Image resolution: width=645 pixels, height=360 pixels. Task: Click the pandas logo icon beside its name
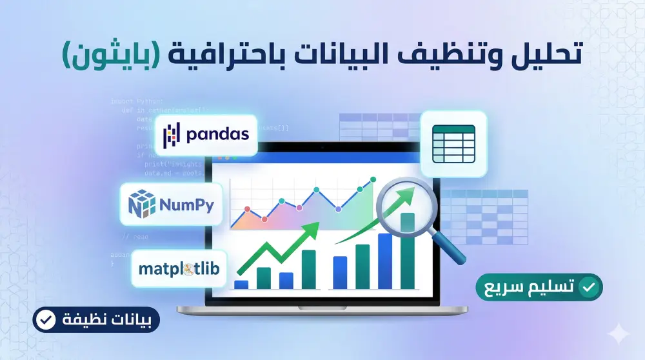click(x=170, y=135)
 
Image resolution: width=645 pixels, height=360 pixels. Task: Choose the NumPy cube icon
click(x=142, y=203)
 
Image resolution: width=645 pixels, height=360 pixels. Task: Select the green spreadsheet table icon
click(x=453, y=143)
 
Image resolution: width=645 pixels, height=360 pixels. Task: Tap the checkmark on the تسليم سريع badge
click(x=587, y=288)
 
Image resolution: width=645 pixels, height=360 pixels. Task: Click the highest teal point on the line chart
click(x=372, y=181)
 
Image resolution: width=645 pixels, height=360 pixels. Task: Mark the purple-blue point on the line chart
click(x=338, y=209)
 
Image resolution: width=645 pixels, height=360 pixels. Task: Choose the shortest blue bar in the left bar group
click(x=241, y=284)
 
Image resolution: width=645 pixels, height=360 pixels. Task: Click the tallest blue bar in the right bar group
click(x=385, y=261)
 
